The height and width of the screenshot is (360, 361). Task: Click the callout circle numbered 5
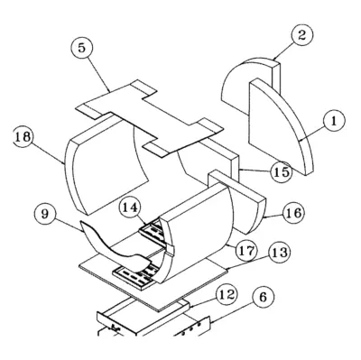[82, 48]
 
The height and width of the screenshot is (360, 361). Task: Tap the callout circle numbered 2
[301, 35]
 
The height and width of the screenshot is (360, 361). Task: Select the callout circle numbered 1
[334, 121]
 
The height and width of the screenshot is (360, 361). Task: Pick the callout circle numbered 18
[23, 137]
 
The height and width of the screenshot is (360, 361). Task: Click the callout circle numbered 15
[282, 171]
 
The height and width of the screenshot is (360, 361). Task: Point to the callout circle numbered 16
[293, 213]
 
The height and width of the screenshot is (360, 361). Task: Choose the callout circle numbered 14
[130, 208]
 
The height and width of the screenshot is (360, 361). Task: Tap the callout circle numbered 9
[45, 215]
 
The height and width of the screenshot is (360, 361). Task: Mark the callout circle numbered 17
[246, 250]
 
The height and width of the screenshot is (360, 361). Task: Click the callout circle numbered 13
[280, 253]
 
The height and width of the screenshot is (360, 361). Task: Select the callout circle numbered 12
[227, 295]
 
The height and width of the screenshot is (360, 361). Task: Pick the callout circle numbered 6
[263, 297]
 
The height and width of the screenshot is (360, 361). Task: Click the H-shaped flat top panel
[150, 119]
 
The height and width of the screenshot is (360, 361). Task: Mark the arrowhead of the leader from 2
[275, 59]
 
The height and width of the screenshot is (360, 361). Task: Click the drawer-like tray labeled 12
[143, 316]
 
